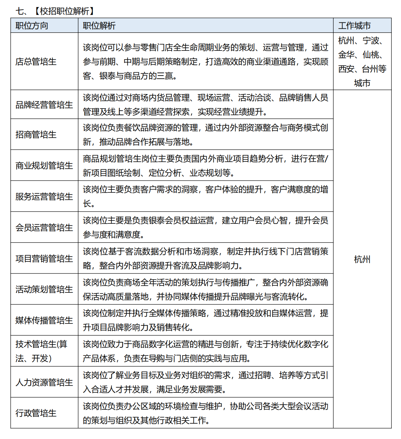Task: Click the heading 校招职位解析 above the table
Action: [x=64, y=11]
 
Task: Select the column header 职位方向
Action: [x=32, y=25]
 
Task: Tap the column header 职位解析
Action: [x=99, y=25]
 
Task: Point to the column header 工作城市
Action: [x=354, y=25]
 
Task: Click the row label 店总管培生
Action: [x=36, y=61]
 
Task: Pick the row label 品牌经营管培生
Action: [x=44, y=105]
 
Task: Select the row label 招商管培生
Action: [x=36, y=134]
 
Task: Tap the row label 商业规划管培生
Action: [x=44, y=165]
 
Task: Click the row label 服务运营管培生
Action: [x=44, y=196]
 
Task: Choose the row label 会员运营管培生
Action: [x=44, y=227]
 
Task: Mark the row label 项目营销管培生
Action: [x=44, y=258]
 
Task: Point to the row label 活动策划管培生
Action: [x=44, y=289]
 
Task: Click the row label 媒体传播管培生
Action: [x=44, y=320]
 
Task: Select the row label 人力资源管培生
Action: [x=44, y=382]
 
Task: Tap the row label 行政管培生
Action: [x=36, y=413]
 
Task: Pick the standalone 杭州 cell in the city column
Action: [x=362, y=259]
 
